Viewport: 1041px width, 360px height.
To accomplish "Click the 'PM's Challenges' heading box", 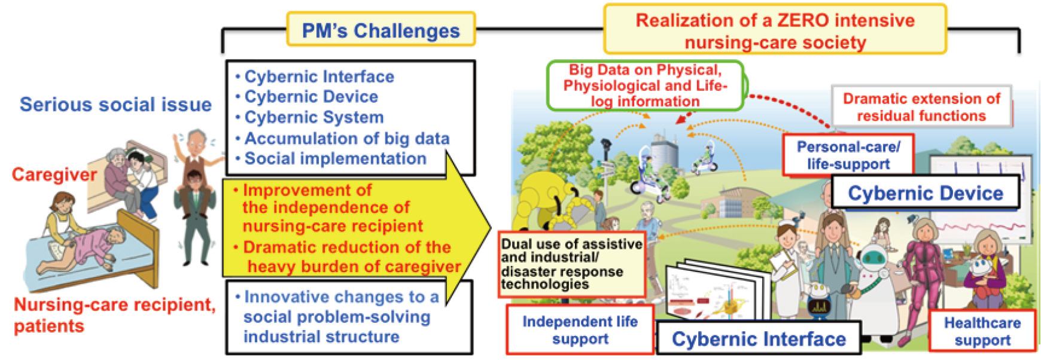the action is (x=381, y=29).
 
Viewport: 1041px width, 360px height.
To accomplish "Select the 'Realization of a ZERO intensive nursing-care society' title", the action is (x=775, y=30).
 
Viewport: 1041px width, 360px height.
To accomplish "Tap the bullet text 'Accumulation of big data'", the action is (x=347, y=138).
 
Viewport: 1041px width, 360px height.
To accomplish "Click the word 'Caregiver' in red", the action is (x=54, y=174).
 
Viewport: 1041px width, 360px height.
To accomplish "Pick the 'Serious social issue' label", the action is (x=115, y=104).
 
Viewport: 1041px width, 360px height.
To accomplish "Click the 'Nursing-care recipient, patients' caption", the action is (x=114, y=315).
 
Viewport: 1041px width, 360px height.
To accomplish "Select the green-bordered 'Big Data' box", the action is (x=645, y=86).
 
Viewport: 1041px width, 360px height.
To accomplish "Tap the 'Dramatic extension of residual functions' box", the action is (x=921, y=107).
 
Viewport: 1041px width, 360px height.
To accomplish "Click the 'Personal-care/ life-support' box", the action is (x=848, y=155).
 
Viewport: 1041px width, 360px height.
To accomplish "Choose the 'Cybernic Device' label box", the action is (x=925, y=193).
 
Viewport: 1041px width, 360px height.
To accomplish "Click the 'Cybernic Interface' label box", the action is (x=759, y=338).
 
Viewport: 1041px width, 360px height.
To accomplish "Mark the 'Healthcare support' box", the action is (x=982, y=331).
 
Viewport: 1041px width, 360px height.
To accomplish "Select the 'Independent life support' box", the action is (x=580, y=330).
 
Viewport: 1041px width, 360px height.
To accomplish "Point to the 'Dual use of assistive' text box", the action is (x=572, y=264).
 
